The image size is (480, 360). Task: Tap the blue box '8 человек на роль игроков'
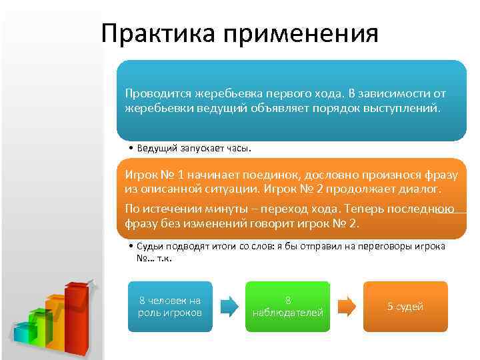(169, 307)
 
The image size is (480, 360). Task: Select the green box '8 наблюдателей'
(287, 307)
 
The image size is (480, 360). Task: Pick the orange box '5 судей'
(405, 307)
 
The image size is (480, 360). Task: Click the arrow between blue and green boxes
(229, 306)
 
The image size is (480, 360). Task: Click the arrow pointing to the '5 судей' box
(347, 306)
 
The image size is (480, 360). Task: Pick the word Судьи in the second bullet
(151, 246)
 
